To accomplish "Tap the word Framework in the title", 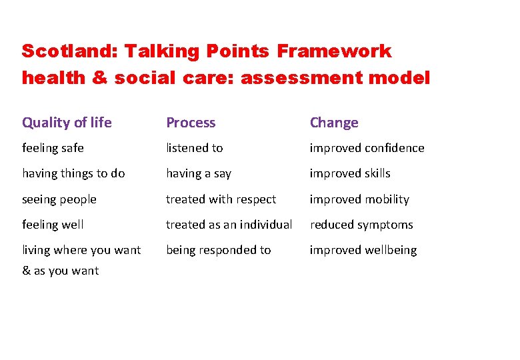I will (x=334, y=51).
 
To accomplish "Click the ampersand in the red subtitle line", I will (x=99, y=78).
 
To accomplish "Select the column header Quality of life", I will (x=67, y=123).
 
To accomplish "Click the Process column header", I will (x=191, y=123).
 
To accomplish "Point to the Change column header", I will (x=334, y=123).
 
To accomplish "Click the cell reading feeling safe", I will (x=53, y=148).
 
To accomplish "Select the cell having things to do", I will (x=73, y=173).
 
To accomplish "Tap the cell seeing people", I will (x=59, y=199).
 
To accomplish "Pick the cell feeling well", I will (x=53, y=225).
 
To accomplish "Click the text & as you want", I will (x=60, y=271).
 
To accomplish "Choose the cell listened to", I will (x=194, y=148).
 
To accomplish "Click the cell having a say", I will (x=199, y=173).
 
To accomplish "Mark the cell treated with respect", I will (x=221, y=199).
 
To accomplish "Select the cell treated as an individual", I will (x=229, y=225).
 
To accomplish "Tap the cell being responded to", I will (x=218, y=250).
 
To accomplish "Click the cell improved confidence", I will (x=367, y=148).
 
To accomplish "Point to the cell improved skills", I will (x=350, y=173).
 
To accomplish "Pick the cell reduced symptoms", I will (x=361, y=225).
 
